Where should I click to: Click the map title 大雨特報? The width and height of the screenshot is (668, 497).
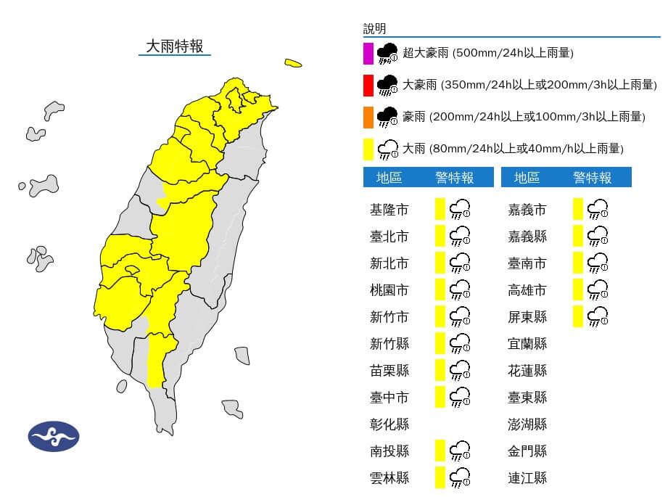[174, 46]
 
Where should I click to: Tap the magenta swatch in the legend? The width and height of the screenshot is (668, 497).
[368, 53]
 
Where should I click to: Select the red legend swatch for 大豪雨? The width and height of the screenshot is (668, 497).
[368, 85]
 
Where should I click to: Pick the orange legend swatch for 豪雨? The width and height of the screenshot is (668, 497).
[368, 117]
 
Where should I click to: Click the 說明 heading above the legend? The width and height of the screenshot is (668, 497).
[375, 29]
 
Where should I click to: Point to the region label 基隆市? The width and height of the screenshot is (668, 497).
[389, 210]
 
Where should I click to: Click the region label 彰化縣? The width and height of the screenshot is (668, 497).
[389, 424]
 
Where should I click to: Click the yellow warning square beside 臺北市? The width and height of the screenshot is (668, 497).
[440, 237]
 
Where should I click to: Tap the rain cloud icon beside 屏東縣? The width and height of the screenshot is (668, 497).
[597, 316]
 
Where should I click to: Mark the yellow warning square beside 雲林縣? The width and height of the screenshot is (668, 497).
[440, 477]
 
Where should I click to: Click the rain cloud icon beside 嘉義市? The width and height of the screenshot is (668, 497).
[597, 210]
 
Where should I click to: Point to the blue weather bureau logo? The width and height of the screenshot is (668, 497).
[54, 436]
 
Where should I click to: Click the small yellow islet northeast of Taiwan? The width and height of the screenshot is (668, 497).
[293, 63]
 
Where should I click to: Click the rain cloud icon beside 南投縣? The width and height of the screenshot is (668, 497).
[459, 451]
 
